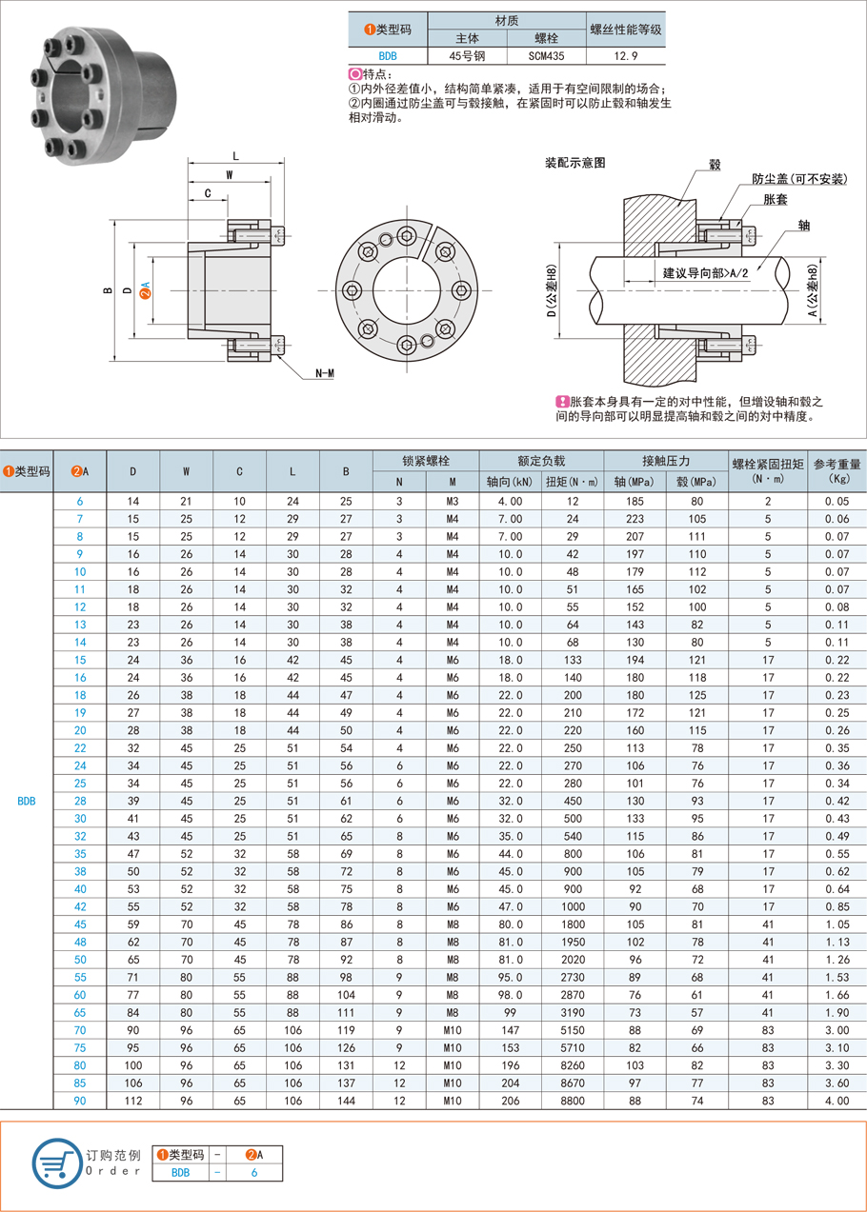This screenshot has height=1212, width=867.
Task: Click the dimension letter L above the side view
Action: [235, 155]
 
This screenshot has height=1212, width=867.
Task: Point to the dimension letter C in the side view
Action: [208, 193]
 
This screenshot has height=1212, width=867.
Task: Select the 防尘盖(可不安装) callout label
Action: [798, 178]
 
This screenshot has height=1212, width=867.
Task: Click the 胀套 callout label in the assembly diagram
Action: [775, 199]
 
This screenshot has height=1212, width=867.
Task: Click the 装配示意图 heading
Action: [575, 163]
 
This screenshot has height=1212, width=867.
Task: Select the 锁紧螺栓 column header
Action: [426, 460]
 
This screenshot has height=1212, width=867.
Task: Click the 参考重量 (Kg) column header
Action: [837, 470]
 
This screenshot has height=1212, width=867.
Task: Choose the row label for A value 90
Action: [80, 1101]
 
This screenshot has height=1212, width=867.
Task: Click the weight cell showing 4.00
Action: [837, 1101]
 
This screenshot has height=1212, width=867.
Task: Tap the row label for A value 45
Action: [80, 924]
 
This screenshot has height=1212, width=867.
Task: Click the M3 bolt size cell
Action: [453, 501]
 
